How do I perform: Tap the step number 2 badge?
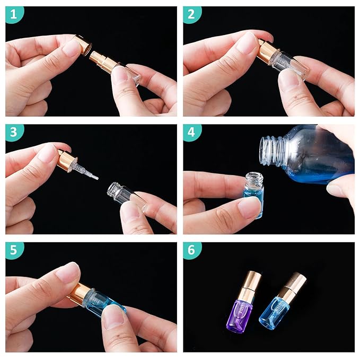coord(192,15)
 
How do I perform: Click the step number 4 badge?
coord(192,133)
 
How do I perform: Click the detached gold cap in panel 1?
coord(83,46)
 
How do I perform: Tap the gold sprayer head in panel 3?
coord(67,160)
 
